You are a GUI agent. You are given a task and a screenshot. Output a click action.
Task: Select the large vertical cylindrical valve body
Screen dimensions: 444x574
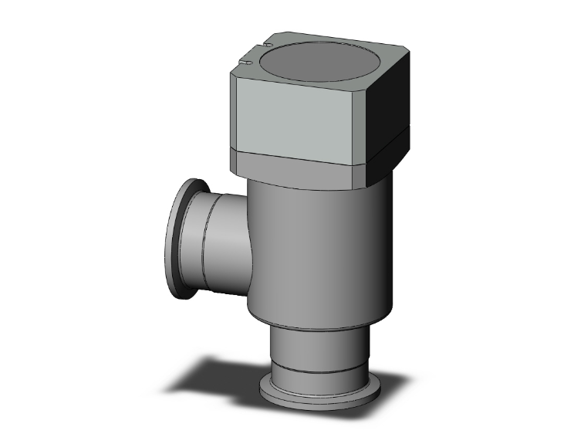(x=316, y=247)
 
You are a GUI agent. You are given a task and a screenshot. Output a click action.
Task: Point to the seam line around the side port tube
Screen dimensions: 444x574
(x=204, y=239)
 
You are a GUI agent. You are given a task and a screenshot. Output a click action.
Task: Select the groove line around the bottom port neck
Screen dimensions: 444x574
(x=309, y=364)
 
